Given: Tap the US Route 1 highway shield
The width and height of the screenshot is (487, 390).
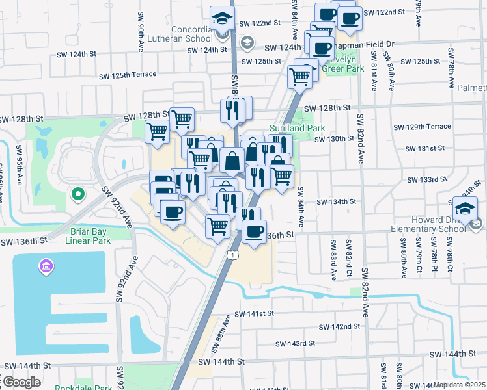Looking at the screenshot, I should [x=232, y=255].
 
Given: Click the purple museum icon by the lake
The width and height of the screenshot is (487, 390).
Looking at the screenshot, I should [x=46, y=266].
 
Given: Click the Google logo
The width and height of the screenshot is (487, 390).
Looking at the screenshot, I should [x=21, y=382].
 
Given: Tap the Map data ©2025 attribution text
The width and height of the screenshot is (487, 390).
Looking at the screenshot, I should [x=460, y=385].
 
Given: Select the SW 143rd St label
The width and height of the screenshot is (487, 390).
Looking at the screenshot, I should [x=292, y=343].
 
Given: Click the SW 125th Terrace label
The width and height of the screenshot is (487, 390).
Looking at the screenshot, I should [x=128, y=75].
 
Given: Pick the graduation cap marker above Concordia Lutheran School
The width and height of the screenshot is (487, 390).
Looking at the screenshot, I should [x=222, y=19].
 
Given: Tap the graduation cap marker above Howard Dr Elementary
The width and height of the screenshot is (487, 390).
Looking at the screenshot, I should [x=466, y=209].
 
